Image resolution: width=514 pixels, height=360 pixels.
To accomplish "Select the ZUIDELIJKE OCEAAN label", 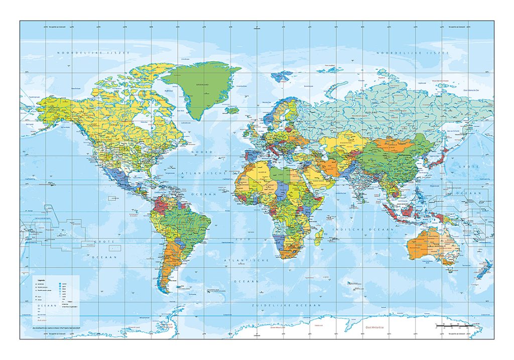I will click(287, 305).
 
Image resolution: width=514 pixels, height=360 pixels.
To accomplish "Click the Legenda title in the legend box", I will click(39, 280).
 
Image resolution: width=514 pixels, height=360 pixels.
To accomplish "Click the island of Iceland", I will click(232, 110).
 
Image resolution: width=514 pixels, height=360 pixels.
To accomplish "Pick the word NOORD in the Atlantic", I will click(205, 151).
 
